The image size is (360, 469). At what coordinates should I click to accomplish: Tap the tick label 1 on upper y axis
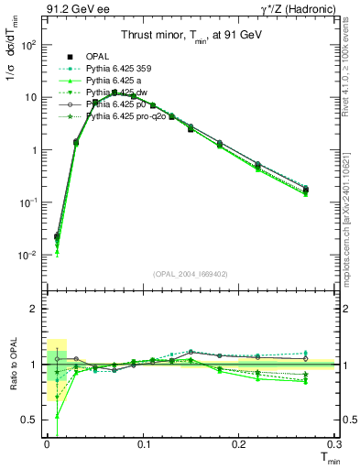[x=33, y=149]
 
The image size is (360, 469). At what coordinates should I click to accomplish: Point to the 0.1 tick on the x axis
[x=143, y=443]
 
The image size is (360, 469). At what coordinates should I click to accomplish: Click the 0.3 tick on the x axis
[x=335, y=443]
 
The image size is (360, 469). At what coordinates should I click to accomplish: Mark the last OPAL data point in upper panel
[x=306, y=190]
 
